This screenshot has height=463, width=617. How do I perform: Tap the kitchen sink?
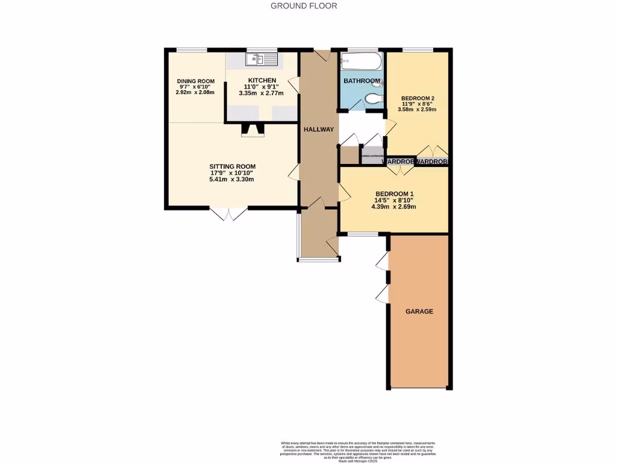tap(261, 59)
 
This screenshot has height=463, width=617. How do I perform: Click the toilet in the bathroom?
tap(374, 98)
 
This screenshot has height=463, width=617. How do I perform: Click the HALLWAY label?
tap(319, 130)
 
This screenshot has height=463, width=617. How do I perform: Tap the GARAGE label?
tap(419, 312)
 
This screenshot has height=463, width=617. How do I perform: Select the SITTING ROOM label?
tap(233, 166)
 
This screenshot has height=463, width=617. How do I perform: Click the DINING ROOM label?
tap(195, 81)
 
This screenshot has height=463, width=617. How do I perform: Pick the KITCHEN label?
tap(262, 80)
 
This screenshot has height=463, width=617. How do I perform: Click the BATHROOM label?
tap(362, 81)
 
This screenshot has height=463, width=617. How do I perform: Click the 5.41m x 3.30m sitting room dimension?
tap(233, 180)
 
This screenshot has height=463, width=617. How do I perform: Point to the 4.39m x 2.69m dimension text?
tap(393, 207)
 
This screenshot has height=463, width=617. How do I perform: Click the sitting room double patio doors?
tap(228, 213)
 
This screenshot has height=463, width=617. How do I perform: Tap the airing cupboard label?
tap(372, 156)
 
